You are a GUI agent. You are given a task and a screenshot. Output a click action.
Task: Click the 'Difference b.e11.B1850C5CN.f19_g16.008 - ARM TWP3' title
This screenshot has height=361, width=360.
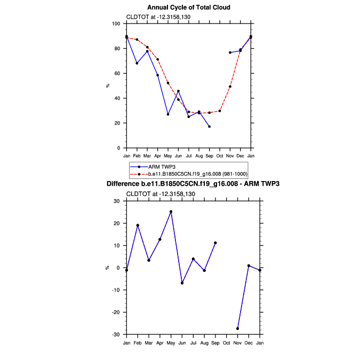click(193, 184)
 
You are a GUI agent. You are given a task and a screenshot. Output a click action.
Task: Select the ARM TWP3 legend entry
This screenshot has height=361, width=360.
click(160, 167)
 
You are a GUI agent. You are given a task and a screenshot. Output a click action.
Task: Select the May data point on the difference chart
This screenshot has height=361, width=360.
click(171, 211)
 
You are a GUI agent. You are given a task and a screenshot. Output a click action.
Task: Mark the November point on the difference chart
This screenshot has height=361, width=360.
click(237, 328)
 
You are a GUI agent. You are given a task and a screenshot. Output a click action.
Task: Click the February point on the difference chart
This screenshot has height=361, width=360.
click(138, 225)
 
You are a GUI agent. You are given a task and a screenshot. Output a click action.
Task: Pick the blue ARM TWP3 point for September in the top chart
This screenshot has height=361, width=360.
click(209, 127)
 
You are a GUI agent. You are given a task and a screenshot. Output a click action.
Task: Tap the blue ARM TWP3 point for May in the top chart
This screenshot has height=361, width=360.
click(168, 114)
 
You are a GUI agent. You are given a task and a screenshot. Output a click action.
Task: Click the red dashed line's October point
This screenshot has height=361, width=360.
click(220, 111)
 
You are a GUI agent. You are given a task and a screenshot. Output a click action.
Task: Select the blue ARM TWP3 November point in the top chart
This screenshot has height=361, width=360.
click(230, 52)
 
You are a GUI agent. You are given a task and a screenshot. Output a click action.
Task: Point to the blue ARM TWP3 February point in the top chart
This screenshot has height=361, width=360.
click(137, 63)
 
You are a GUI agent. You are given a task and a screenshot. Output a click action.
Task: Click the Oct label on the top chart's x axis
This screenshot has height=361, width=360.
click(220, 156)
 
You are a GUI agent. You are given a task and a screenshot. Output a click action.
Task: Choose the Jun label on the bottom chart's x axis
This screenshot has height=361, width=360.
click(182, 342)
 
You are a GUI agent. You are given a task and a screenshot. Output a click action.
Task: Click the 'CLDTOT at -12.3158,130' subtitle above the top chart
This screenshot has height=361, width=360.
click(158, 17)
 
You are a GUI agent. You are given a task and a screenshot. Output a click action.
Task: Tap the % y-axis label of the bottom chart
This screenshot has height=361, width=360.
click(107, 268)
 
